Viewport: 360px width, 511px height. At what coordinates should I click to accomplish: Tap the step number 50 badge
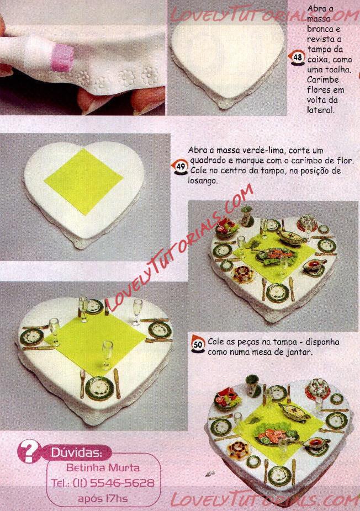click(198, 344)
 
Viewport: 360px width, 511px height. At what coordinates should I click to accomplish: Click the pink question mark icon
click(29, 451)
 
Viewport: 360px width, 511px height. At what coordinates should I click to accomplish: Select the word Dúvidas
click(77, 453)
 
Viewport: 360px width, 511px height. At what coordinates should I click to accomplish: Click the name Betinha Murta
click(103, 467)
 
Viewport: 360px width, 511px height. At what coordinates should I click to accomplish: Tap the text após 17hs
click(103, 498)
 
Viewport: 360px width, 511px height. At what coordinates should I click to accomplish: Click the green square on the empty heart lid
click(83, 182)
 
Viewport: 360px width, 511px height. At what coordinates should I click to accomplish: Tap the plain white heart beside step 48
click(227, 58)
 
